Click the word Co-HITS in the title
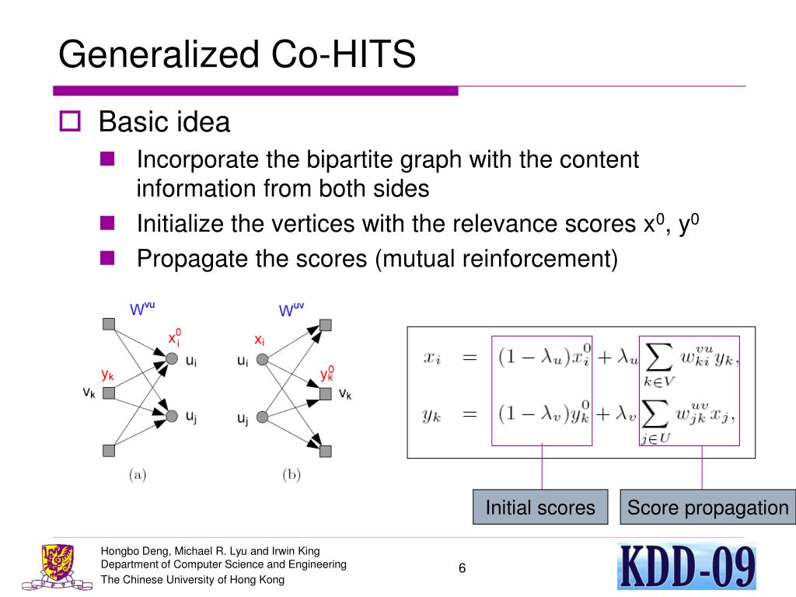point(343,54)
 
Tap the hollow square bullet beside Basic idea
point(70,121)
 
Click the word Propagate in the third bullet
point(193,260)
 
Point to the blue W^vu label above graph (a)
point(142,308)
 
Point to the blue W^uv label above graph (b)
point(292,309)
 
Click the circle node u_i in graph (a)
point(172,359)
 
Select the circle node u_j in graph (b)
point(262,417)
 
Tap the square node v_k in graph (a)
point(109,393)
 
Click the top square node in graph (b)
point(326,325)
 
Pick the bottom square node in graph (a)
point(109,450)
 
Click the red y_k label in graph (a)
point(107,375)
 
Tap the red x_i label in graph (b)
point(260,340)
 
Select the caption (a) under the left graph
point(138,475)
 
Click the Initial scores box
point(540,507)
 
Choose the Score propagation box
point(707,507)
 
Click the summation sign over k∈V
point(658,358)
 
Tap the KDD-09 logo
point(687,566)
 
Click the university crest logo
point(58,567)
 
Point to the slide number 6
point(462,568)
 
